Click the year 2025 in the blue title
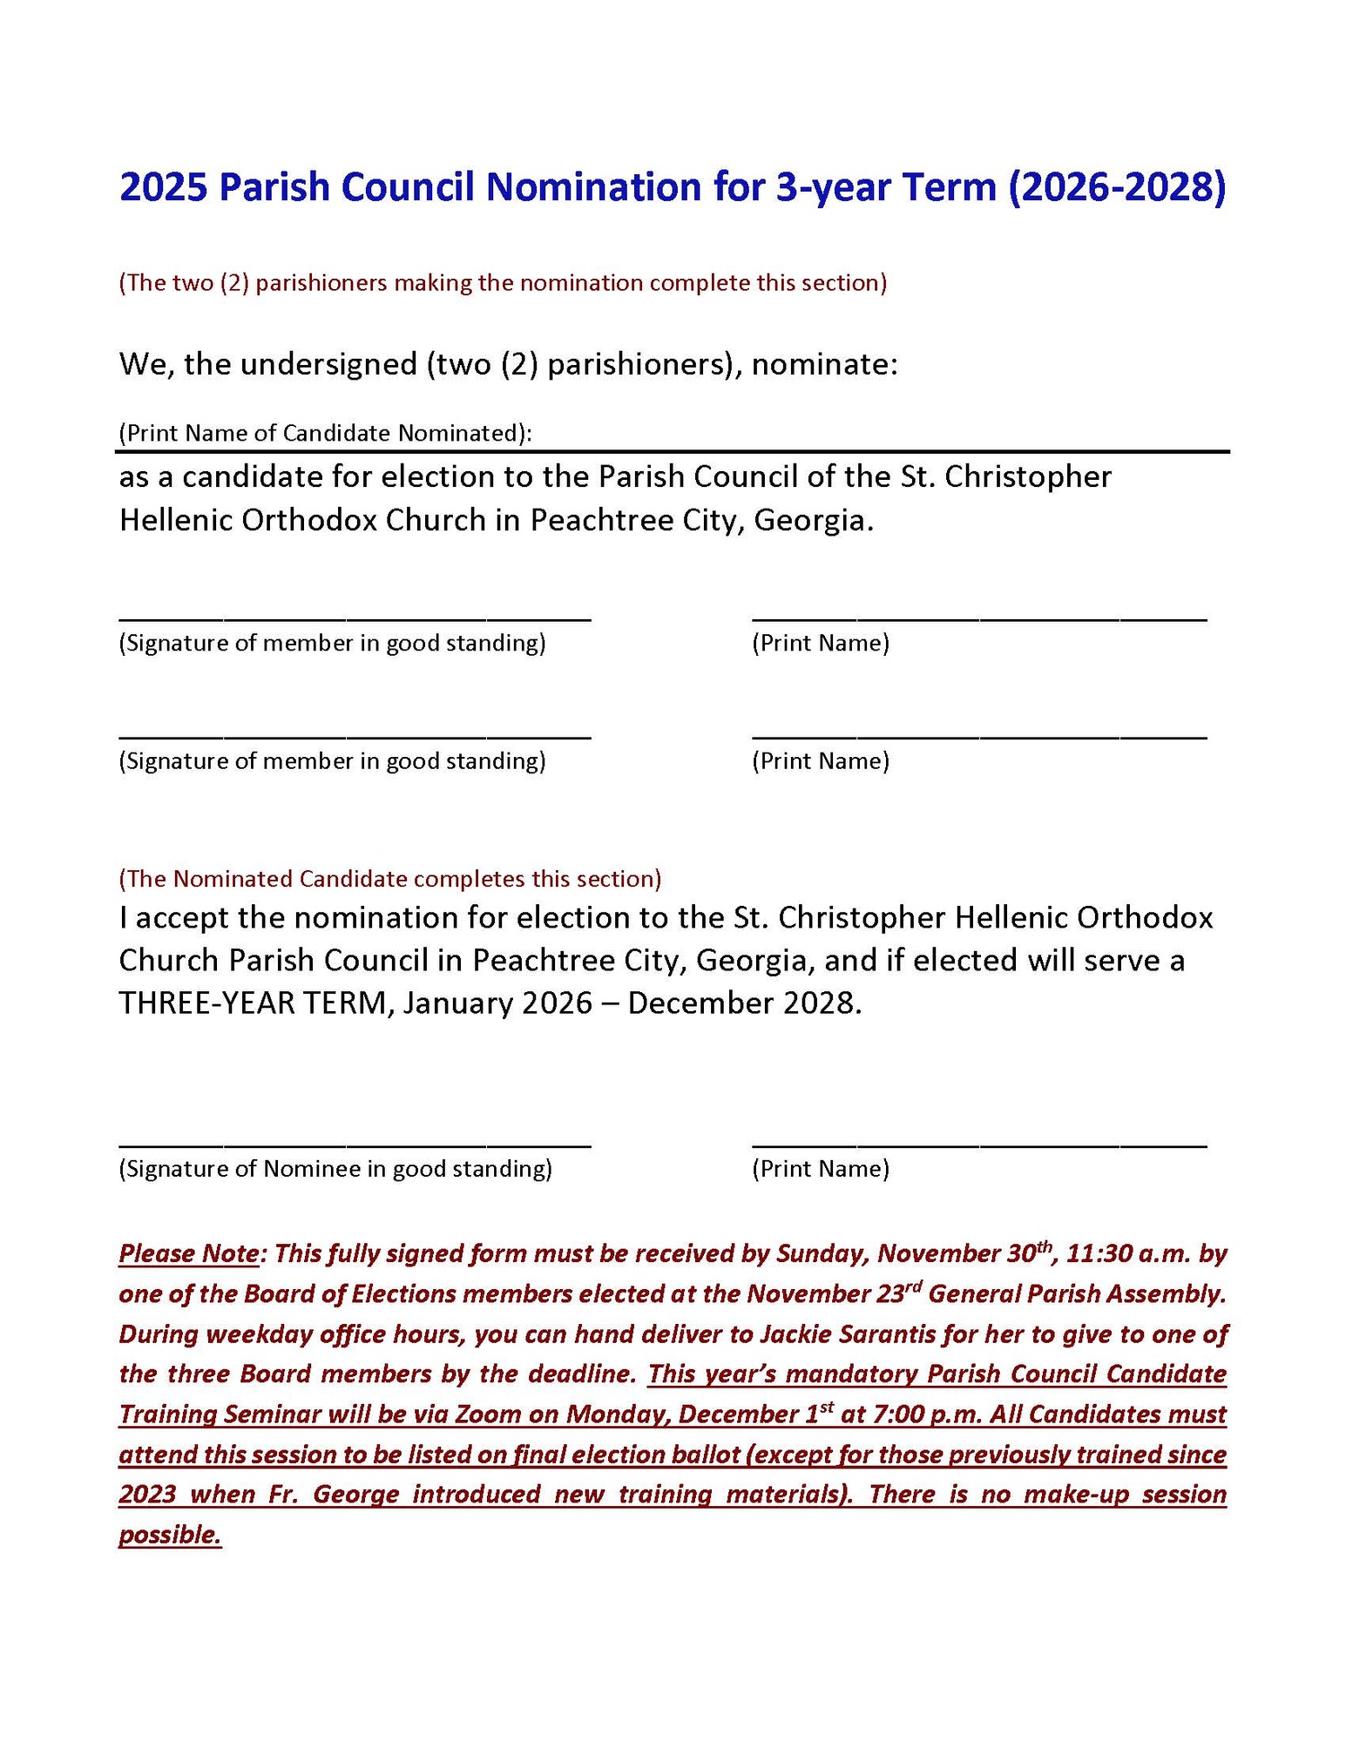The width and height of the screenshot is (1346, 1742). point(162,188)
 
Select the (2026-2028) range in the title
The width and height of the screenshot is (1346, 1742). point(1116,188)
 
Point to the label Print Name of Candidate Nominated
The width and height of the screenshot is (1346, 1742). point(325,433)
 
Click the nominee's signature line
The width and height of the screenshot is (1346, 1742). point(355,1143)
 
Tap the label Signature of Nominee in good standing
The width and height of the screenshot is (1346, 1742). point(335,1169)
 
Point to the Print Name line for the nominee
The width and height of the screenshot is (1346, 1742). point(978,1143)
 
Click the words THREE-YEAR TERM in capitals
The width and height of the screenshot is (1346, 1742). point(253,1003)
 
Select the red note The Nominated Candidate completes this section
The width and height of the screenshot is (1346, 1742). point(389,878)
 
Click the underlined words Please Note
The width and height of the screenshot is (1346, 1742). point(188,1254)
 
